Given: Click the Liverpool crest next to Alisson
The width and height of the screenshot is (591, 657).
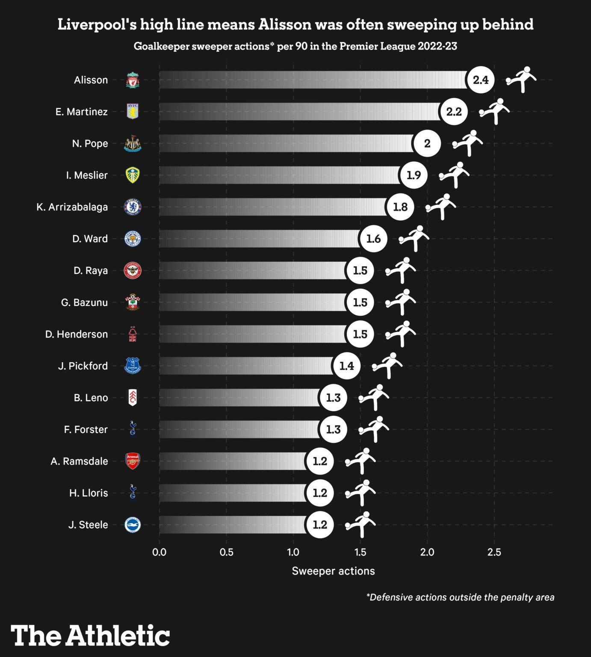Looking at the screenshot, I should point(133,80).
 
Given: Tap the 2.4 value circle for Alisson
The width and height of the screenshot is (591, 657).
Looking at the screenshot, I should point(481,80).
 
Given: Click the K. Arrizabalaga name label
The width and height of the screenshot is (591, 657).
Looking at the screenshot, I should point(72,207).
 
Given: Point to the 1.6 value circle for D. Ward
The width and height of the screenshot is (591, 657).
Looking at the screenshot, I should point(373,239).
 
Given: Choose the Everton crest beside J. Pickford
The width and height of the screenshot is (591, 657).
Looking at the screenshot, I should point(133,366).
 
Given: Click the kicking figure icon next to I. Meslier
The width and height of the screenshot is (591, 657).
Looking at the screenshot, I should point(454,175).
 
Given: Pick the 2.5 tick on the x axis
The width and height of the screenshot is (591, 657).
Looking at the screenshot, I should point(494,552).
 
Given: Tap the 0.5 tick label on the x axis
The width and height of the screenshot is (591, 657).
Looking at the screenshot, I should point(226,552).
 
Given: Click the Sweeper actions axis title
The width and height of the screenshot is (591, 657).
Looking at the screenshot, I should point(333,571).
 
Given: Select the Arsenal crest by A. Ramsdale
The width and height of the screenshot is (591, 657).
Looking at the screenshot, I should point(133,461).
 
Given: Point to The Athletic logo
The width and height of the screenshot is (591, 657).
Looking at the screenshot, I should point(90,635).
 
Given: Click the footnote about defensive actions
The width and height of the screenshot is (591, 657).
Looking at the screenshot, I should point(460,597).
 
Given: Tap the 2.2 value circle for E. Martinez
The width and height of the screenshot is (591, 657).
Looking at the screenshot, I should point(454,112).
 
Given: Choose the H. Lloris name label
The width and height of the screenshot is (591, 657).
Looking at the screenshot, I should point(89,493).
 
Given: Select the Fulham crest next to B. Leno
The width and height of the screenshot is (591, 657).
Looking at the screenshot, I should point(133,398).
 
